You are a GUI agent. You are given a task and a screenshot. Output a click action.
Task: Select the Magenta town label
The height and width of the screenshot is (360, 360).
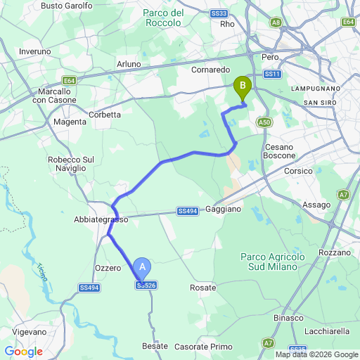[70, 122]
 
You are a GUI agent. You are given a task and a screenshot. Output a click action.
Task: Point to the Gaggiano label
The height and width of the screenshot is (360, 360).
[223, 209]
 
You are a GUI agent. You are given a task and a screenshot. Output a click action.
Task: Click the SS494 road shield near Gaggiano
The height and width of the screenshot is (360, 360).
[187, 211]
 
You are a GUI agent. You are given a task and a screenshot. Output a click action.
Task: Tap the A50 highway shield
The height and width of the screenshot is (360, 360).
[264, 122]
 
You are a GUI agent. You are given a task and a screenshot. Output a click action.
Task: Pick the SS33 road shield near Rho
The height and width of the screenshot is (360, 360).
[219, 13]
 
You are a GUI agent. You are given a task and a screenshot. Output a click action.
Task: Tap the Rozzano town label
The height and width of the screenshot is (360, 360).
[334, 252]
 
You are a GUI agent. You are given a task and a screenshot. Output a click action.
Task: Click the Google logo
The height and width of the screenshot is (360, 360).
[23, 352]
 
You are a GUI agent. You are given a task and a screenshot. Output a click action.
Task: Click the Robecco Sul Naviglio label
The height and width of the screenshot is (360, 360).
[71, 165]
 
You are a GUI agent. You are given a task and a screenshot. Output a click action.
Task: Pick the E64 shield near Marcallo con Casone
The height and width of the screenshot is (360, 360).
[69, 80]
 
